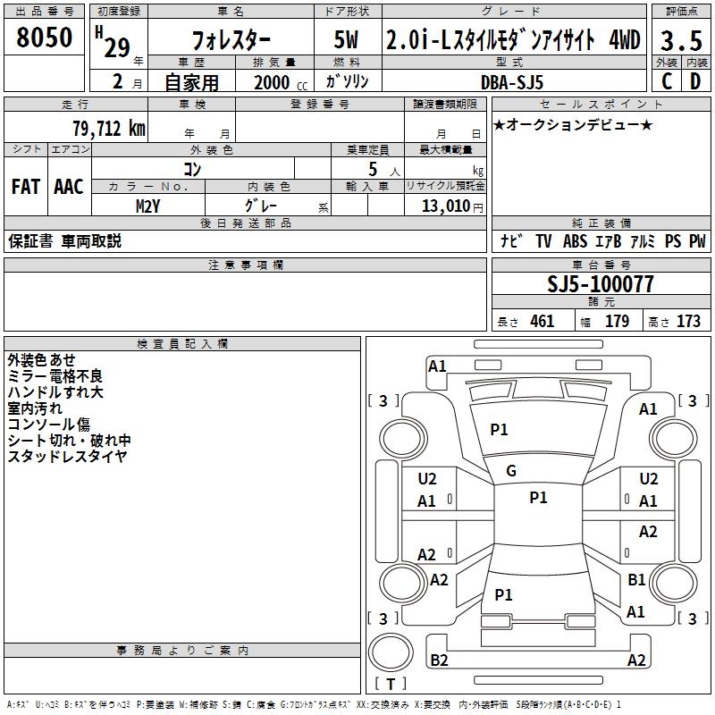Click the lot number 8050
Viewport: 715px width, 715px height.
point(44,37)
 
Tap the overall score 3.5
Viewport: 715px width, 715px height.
point(681,40)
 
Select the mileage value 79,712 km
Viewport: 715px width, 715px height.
point(108,129)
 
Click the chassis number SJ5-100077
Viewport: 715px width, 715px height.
point(601,283)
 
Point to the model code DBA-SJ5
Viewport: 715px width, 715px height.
point(512,82)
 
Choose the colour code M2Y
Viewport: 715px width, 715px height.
point(147,206)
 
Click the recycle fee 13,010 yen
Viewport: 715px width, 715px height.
point(452,206)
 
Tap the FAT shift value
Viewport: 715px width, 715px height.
point(26,187)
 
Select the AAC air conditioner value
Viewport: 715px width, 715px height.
point(69,187)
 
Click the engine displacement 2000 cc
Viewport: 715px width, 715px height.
point(281,82)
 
